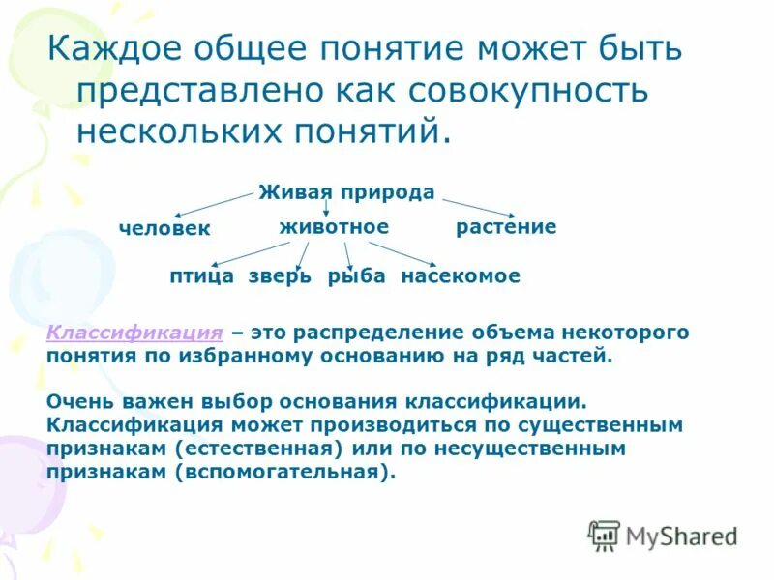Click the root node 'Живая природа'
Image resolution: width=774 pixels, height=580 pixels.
point(346,192)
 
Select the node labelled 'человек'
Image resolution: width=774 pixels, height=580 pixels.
point(164,228)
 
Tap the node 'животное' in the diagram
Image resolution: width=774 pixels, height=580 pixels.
point(334,227)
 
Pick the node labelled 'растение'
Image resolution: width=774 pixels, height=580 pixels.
point(506,227)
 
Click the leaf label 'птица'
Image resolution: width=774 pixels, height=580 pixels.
point(201,276)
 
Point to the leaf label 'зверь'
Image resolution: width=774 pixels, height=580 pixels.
point(280,276)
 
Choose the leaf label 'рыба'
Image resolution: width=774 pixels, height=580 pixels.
point(356,276)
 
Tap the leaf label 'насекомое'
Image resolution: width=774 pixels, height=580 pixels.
point(461,276)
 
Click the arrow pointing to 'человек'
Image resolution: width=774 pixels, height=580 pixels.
point(213,205)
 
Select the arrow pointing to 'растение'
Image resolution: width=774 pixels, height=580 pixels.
point(479,207)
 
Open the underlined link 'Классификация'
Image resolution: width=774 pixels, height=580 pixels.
point(134,333)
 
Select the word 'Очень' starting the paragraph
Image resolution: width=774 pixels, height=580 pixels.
point(79,402)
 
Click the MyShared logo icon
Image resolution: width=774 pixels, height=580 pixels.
point(604,534)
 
